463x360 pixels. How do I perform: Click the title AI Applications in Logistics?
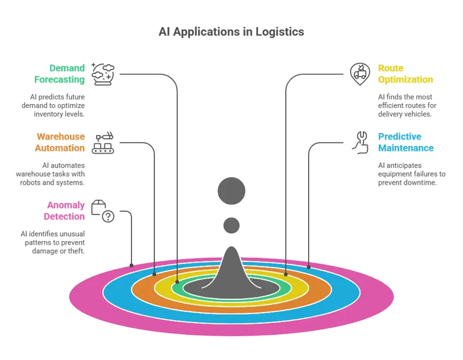coord(231,31)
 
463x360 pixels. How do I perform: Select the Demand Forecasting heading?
coord(60,74)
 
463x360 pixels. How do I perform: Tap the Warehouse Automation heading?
coord(60,142)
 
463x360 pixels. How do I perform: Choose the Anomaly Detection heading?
coord(65,211)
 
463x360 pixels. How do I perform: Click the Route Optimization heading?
coord(405,74)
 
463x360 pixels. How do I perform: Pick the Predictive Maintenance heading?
coord(405,142)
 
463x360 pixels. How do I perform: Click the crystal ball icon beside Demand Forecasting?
coord(103,74)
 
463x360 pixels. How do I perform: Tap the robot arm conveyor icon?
coord(103,143)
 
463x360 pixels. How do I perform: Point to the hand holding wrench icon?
coord(360,142)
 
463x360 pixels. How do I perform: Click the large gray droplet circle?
coord(231,191)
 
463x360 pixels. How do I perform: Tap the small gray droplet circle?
coord(231,225)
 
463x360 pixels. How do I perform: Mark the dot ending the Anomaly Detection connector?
coord(132,266)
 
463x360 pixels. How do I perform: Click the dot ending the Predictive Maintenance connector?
coord(309,267)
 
